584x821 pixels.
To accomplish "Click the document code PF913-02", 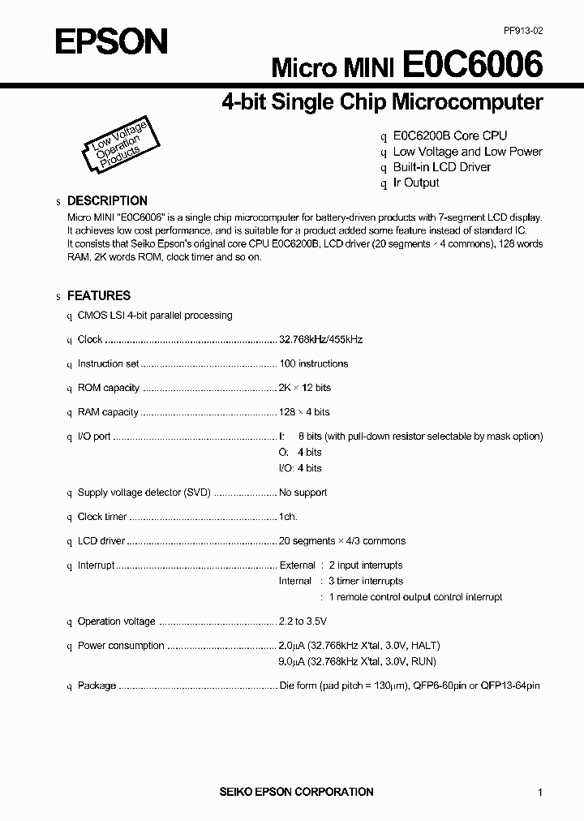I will [x=522, y=30].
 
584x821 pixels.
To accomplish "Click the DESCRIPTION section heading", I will [x=107, y=201].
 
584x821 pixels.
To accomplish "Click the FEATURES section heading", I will [x=98, y=296].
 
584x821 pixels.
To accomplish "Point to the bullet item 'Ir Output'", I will [x=416, y=183].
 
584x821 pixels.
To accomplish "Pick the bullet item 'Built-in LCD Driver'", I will [x=441, y=167].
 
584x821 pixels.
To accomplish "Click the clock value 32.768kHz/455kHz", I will [x=320, y=340].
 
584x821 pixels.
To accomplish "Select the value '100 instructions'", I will [x=313, y=364].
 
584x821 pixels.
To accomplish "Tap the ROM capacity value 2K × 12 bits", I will [x=305, y=388].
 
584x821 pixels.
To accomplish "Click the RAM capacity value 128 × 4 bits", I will [x=304, y=412].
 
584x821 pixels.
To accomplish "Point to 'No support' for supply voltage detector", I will [x=303, y=492].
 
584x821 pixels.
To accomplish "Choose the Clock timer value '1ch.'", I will [x=288, y=517].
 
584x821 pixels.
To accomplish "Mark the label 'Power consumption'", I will [x=121, y=646].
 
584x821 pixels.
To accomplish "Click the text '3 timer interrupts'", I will [x=366, y=581].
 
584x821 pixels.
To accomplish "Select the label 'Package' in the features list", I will [x=97, y=686].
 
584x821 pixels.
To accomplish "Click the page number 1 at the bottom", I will [x=540, y=792].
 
